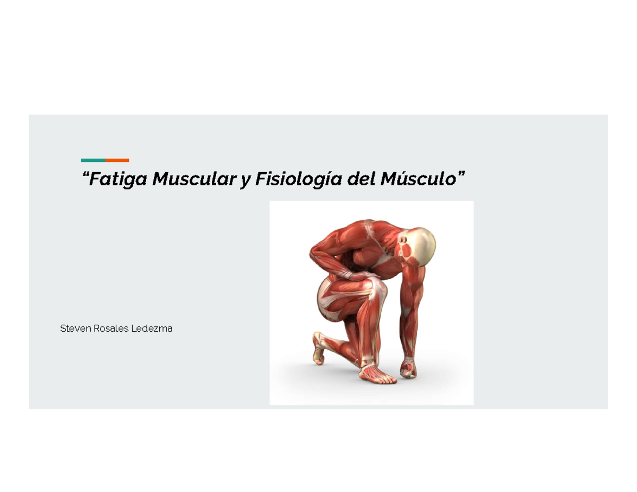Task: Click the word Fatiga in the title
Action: click(x=118, y=179)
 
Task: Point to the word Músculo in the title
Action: click(x=419, y=179)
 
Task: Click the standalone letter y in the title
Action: click(x=245, y=180)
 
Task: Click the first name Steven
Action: click(x=76, y=329)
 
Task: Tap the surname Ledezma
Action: click(x=155, y=329)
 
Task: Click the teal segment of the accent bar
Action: click(x=93, y=160)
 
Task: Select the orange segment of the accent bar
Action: click(x=117, y=160)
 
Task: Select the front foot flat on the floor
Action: click(x=376, y=373)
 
